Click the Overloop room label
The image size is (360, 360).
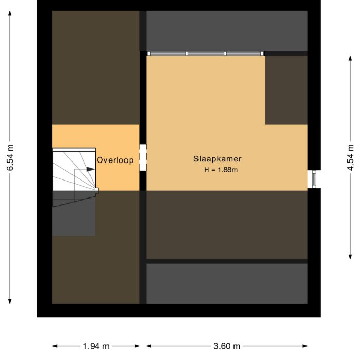coord(115,160)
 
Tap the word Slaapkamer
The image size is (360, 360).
coord(218,159)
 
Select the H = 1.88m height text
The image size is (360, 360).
coord(221,170)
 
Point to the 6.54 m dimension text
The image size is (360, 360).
coord(10,159)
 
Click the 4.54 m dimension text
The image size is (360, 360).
coord(351,159)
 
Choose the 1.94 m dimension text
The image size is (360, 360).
coord(96,346)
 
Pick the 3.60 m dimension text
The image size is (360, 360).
coord(227,346)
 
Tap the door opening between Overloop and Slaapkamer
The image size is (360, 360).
coord(143,157)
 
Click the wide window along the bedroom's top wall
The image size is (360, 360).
coord(205,53)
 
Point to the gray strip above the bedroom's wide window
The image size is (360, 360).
coord(226,30)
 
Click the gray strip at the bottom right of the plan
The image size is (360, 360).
coord(226,283)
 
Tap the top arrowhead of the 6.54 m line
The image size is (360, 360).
coord(10,13)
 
